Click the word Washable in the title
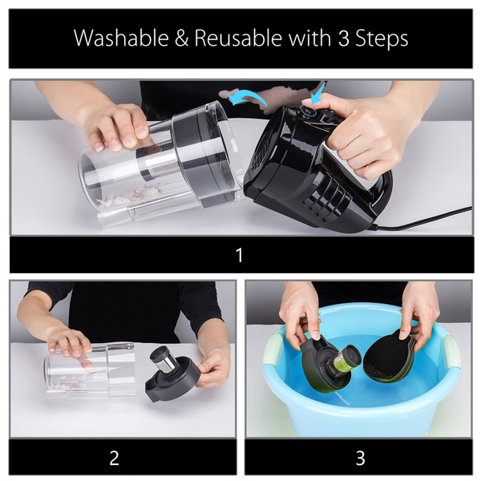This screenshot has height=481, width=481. point(121,38)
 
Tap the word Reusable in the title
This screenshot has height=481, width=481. point(238,38)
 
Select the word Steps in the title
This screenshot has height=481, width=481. point(382,39)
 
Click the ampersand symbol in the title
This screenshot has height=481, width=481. point(181,38)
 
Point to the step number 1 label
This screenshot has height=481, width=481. point(240,255)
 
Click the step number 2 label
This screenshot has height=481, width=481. point(114,458)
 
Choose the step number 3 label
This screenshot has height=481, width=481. point(360,459)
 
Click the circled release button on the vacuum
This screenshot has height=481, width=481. point(309,110)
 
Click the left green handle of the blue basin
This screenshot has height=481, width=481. point(273,350)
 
